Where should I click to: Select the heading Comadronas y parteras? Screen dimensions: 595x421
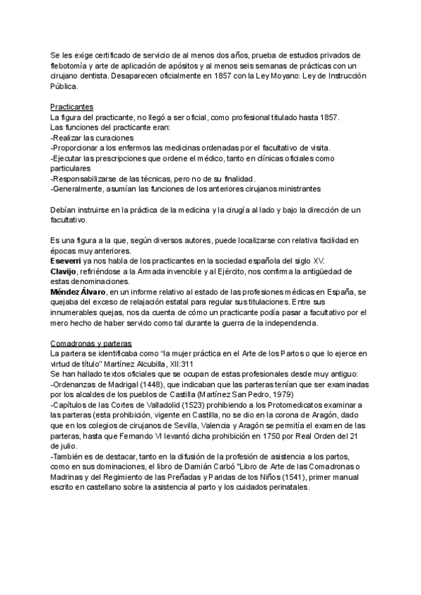91,343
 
